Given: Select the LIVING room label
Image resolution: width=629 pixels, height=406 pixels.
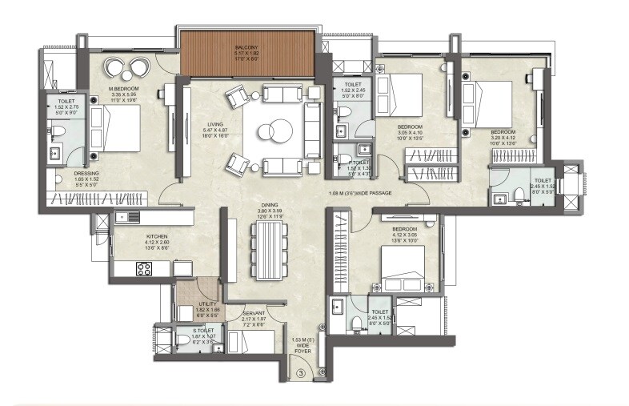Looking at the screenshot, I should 214,125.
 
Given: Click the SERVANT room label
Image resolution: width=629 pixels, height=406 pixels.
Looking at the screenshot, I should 254,314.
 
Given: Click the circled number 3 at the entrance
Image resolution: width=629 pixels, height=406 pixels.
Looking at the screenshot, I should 301,372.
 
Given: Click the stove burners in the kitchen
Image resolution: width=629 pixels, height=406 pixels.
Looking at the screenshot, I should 144,269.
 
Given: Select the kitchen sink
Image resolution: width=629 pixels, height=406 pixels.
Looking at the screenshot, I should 123,217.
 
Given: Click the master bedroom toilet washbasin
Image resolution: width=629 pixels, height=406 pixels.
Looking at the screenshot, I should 57,152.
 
